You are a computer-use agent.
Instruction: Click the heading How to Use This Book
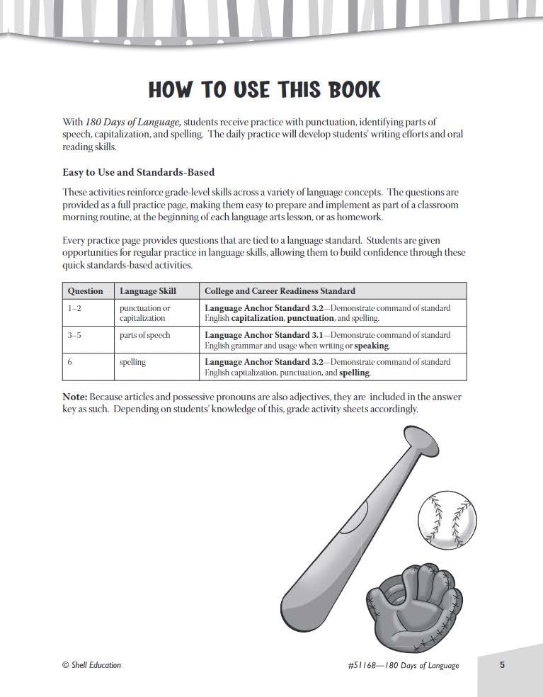click(265, 90)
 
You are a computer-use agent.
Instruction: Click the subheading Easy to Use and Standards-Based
click(138, 172)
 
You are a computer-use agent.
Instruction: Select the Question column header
click(85, 291)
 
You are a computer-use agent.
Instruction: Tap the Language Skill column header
click(148, 291)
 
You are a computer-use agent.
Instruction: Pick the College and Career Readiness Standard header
click(280, 291)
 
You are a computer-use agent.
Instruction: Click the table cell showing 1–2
click(75, 309)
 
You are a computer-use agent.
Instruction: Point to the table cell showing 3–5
click(75, 335)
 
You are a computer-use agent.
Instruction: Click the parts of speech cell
click(145, 335)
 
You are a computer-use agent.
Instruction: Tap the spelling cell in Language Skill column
click(132, 362)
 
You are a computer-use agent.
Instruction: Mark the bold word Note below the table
click(74, 397)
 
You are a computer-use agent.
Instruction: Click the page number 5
click(502, 664)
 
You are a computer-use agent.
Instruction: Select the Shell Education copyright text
click(91, 665)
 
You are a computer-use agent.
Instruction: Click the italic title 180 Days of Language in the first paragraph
click(131, 123)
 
